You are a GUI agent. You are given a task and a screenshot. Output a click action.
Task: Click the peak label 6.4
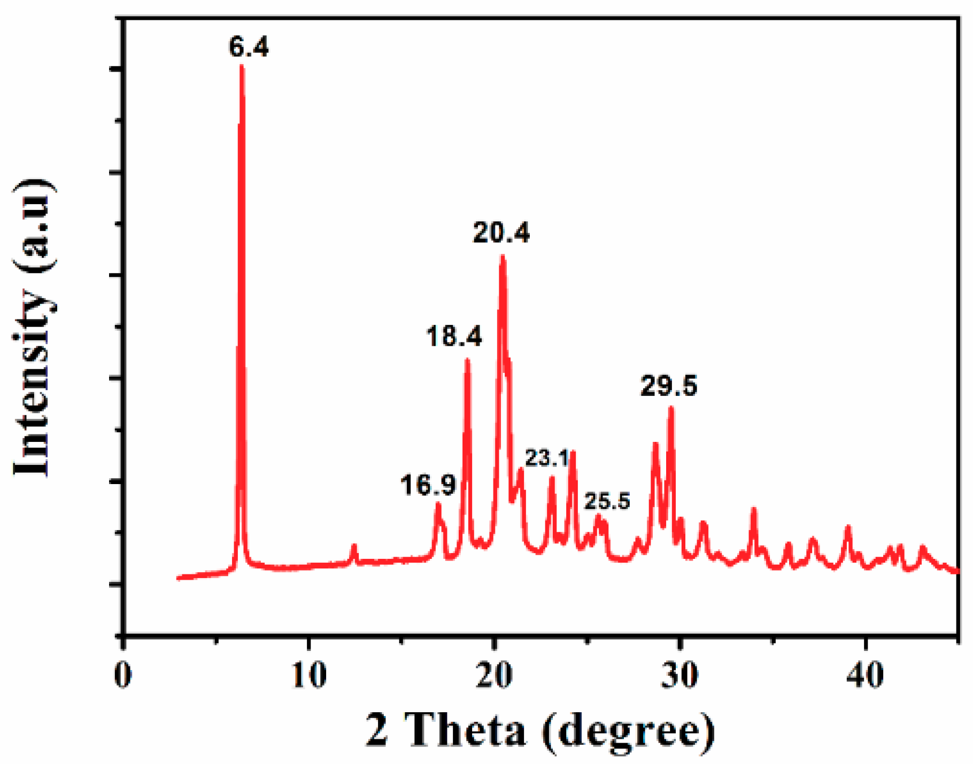pyautogui.click(x=249, y=47)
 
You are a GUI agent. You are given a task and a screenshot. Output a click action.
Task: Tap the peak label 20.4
pyautogui.click(x=501, y=233)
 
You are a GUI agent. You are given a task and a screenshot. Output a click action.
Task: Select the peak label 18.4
pyautogui.click(x=454, y=337)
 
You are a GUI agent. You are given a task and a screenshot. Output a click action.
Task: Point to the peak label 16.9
pyautogui.click(x=428, y=485)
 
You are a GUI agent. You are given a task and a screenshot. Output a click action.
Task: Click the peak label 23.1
pyautogui.click(x=546, y=458)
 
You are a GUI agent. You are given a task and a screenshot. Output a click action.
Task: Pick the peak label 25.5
pyautogui.click(x=607, y=501)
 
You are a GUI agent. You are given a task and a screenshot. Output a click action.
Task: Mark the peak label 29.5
pyautogui.click(x=669, y=386)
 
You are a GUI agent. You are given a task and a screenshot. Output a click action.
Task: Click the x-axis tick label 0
pyautogui.click(x=123, y=675)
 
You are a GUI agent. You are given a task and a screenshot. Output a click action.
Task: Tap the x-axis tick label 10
pyautogui.click(x=309, y=675)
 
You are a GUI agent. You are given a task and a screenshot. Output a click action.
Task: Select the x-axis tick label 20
pyautogui.click(x=495, y=675)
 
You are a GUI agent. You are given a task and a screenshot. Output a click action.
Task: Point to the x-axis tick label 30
pyautogui.click(x=679, y=675)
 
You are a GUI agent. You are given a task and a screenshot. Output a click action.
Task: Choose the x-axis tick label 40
pyautogui.click(x=865, y=675)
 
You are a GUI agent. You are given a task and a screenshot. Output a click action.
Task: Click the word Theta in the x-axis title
pyautogui.click(x=465, y=730)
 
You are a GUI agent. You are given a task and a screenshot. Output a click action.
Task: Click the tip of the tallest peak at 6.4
pyautogui.click(x=242, y=66)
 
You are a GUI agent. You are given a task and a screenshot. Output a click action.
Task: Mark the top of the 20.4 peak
pyautogui.click(x=502, y=256)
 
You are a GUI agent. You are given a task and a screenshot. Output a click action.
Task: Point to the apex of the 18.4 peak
pyautogui.click(x=467, y=360)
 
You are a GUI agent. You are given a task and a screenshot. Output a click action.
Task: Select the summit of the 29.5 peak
pyautogui.click(x=671, y=408)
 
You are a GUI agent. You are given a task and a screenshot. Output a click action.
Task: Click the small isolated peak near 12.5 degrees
pyautogui.click(x=353, y=546)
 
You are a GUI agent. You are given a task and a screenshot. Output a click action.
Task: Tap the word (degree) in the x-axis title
pyautogui.click(x=628, y=731)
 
